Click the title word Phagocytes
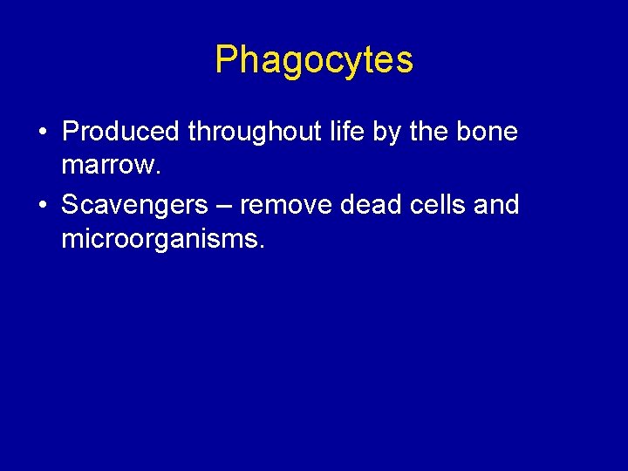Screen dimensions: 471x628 pos(314,60)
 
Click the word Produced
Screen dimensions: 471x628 pos(120,132)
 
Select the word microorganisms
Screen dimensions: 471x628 pos(159,238)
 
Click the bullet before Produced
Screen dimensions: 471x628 pos(42,133)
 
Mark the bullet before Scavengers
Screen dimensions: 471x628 pos(42,206)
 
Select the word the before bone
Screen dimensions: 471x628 pos(434,132)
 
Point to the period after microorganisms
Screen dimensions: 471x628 pos(260,245)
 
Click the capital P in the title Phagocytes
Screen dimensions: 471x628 pos(226,60)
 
